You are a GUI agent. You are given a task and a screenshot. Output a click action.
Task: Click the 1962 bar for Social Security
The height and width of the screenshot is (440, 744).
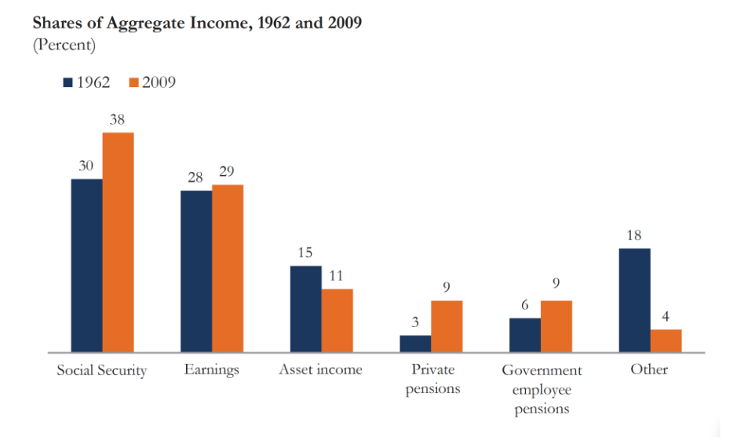tap(86, 266)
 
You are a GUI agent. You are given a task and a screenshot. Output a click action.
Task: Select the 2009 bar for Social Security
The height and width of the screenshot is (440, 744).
tap(118, 242)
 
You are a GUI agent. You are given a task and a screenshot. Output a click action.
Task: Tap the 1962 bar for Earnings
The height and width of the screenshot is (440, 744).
tap(196, 271)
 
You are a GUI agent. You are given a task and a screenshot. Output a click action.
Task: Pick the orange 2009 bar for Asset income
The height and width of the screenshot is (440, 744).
tap(337, 321)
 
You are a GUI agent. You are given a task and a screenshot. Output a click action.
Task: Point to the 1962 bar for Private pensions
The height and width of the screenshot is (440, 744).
tap(415, 344)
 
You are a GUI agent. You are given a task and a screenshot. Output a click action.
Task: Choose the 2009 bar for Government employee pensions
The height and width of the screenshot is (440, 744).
tap(556, 326)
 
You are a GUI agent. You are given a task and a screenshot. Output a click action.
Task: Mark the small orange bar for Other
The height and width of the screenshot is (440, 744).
tap(666, 341)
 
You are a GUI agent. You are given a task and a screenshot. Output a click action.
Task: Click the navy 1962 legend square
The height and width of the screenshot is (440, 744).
tap(68, 82)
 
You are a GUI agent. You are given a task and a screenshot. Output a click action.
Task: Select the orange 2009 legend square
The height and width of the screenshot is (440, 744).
tap(133, 82)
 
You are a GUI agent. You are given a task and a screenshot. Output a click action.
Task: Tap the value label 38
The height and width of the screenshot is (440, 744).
tap(117, 120)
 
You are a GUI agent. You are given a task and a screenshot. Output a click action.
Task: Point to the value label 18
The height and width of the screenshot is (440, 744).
tap(635, 235)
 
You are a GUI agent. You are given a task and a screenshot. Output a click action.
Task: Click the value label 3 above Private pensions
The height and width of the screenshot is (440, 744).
tap(415, 322)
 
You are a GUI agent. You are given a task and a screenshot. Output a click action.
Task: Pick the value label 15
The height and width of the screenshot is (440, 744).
tap(305, 253)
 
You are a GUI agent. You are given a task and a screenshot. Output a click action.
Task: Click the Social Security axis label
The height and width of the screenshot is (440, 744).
tap(101, 370)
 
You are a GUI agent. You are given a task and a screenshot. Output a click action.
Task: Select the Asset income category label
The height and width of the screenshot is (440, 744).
tap(320, 369)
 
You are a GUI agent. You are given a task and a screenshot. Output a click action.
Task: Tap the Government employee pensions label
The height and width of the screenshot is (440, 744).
tap(542, 389)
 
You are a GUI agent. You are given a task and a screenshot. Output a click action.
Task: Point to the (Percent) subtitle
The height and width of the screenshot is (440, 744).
tap(64, 45)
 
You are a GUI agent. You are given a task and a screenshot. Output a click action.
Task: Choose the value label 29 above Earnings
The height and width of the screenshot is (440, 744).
tap(228, 172)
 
